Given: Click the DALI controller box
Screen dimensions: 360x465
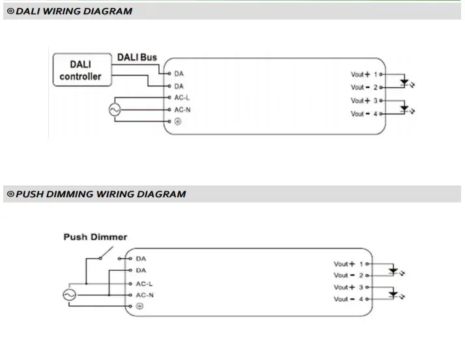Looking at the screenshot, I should [x=81, y=70].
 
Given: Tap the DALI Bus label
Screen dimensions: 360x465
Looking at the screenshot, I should [x=137, y=57].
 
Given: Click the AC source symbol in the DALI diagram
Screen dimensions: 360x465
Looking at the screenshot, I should [x=115, y=110].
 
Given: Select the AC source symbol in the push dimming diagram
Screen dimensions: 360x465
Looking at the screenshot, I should [x=69, y=295].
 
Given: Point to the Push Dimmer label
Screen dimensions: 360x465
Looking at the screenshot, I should [x=95, y=237].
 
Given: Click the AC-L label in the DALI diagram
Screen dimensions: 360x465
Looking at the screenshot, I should [x=182, y=98].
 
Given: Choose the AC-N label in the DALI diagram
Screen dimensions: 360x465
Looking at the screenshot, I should [x=182, y=109].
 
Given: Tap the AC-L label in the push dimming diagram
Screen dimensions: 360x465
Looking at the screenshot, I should [x=145, y=283].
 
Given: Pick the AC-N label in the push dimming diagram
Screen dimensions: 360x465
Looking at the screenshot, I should [x=145, y=295].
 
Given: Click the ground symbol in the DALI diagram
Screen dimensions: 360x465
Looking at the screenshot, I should [x=177, y=122].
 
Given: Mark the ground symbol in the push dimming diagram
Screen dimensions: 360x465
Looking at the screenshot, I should [x=139, y=306].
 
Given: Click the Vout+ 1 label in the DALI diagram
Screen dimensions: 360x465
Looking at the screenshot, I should [x=365, y=74].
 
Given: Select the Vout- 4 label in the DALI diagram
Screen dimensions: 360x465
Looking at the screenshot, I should [x=365, y=114].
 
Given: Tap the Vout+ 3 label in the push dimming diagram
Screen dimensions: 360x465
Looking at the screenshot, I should [x=349, y=287].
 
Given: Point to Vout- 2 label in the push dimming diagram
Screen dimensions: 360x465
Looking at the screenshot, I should [x=349, y=275].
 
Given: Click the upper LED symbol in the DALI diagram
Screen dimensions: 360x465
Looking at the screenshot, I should [x=404, y=82].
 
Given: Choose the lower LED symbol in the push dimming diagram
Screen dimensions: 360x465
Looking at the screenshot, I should [x=393, y=294].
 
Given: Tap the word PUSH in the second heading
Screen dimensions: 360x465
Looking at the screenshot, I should [x=29, y=194].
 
